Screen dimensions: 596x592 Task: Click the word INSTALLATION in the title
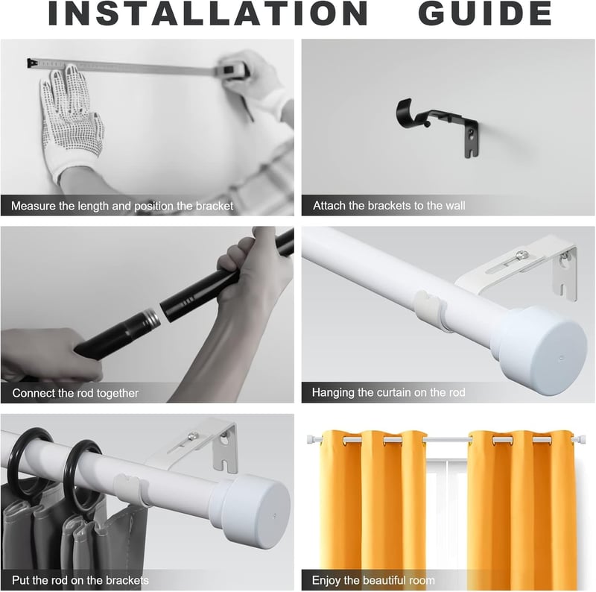tap(208, 13)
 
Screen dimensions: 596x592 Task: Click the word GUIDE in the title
tap(485, 13)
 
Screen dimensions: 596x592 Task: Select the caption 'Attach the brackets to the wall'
tap(389, 206)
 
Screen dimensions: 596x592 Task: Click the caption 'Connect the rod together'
tap(75, 393)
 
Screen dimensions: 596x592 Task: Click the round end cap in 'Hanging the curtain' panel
tap(543, 347)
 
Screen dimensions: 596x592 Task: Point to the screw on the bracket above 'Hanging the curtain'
tap(524, 254)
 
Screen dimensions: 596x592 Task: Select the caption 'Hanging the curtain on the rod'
tap(388, 392)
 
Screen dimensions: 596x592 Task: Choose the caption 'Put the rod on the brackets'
tap(80, 580)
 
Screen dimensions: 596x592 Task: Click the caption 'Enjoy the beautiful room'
tap(373, 580)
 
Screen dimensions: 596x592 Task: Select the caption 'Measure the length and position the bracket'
tap(122, 206)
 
